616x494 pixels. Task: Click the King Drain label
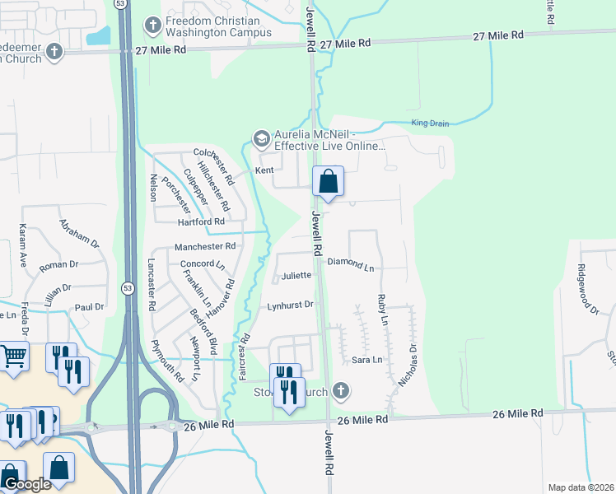pos(431,123)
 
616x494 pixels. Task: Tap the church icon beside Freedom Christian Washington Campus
pos(152,26)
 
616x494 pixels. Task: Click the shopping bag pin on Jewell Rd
pos(328,182)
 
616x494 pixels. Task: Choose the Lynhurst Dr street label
pos(291,305)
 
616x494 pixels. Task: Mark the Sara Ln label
pos(367,360)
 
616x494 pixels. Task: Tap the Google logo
pos(26,485)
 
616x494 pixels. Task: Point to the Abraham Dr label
pos(78,233)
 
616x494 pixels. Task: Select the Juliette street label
pos(296,276)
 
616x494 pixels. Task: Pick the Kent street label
pos(264,170)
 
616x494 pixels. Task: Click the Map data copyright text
pos(581,487)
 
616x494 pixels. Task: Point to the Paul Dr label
pos(89,306)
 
